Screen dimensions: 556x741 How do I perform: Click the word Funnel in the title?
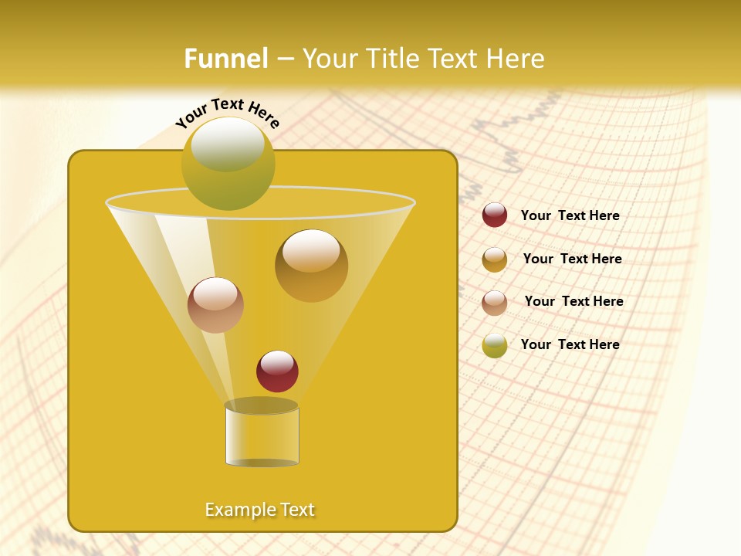click(226, 59)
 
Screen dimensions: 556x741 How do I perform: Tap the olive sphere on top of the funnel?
click(228, 164)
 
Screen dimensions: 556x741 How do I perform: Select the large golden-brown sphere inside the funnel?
click(311, 266)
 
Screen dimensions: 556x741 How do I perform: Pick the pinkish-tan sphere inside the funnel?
click(215, 305)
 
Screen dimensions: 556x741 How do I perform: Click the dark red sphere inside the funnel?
click(277, 371)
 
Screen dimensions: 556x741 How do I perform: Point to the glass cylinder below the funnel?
click(262, 434)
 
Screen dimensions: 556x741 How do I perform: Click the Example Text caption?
click(260, 510)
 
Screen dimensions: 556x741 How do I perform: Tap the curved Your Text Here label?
click(227, 113)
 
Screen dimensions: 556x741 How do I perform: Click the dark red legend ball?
click(495, 215)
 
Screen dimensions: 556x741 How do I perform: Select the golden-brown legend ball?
click(495, 259)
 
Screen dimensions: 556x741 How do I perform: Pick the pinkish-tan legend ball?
click(495, 303)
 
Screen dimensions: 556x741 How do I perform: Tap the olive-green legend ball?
click(495, 345)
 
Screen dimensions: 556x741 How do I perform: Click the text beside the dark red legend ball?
click(570, 216)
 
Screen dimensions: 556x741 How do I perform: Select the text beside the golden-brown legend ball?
click(572, 259)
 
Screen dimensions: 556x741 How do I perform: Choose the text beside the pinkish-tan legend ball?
click(574, 302)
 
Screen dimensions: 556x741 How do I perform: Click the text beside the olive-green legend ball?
click(570, 345)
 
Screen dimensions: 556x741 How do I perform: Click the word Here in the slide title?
click(516, 59)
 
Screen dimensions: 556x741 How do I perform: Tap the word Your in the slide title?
click(327, 59)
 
